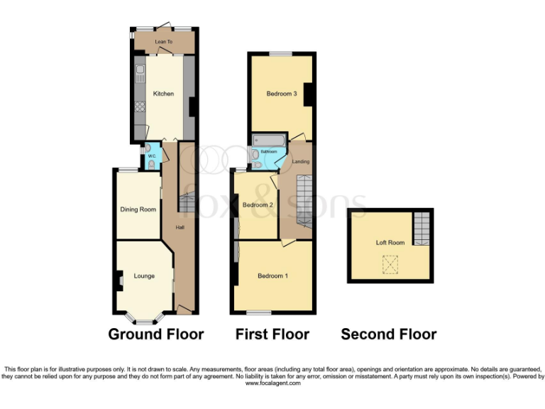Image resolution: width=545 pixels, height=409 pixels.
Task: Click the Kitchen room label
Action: coord(163,94)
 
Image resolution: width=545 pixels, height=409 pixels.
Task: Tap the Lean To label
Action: coord(163,43)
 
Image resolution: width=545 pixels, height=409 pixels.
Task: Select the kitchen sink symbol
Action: coord(140,71)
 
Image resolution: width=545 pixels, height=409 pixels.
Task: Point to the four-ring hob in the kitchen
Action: coord(140,108)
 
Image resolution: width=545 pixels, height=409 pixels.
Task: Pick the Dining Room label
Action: coord(138,209)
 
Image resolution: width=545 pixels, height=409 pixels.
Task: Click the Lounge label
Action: coord(143,276)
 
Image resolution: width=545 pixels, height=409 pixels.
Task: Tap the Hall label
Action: coord(180,227)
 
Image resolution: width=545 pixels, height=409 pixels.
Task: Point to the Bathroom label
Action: coord(268,152)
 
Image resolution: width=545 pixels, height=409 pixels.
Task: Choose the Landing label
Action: coord(301,161)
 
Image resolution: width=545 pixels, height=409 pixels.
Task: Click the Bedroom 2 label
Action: coord(257,205)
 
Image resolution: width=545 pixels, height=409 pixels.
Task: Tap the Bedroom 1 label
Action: coord(272,276)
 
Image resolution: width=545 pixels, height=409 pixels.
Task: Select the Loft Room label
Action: coord(390,243)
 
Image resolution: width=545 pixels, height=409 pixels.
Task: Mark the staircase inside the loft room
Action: coord(422,227)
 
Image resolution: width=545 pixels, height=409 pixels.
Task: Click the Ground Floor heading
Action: coord(155,334)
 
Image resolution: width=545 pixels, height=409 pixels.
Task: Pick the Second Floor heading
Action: coord(388,334)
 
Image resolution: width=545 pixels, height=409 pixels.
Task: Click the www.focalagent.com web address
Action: coord(272,383)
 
